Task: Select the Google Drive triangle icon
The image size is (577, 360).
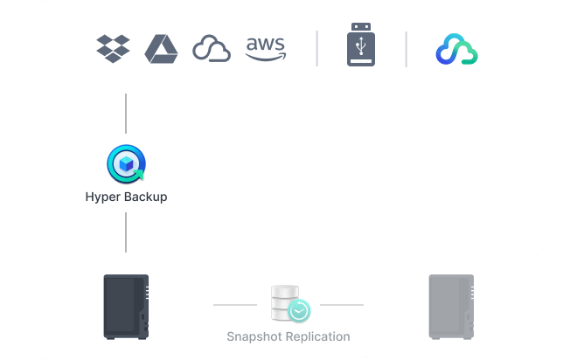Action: click(x=161, y=48)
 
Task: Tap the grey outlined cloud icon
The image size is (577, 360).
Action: click(x=211, y=49)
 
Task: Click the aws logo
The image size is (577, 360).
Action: click(x=265, y=48)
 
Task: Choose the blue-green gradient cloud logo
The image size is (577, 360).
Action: click(x=456, y=50)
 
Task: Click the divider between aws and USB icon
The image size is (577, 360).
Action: click(x=316, y=49)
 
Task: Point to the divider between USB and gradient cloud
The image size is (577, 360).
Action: click(x=406, y=49)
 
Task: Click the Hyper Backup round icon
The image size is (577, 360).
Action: click(x=126, y=163)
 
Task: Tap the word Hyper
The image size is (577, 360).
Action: click(x=102, y=197)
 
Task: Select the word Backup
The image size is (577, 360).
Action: click(x=144, y=197)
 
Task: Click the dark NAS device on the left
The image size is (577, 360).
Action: click(x=126, y=306)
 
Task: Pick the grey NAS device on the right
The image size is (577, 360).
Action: click(x=450, y=306)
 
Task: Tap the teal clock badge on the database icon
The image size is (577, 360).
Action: click(x=300, y=310)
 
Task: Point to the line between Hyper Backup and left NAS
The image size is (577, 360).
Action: click(x=126, y=232)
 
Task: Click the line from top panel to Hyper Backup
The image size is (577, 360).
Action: click(x=126, y=118)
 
